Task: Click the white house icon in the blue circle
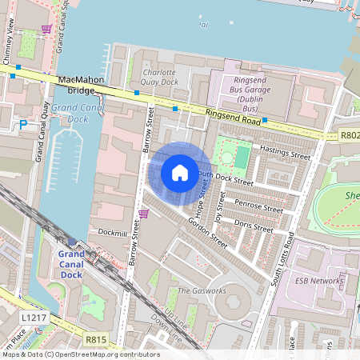(x=180, y=172)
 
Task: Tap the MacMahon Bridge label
(x=82, y=81)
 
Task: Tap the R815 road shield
(x=96, y=340)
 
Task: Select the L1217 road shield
(x=33, y=318)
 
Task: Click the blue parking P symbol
(x=23, y=124)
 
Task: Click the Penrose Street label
(x=259, y=209)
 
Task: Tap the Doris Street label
(x=254, y=227)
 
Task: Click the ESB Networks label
(x=319, y=281)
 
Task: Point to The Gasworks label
(x=195, y=290)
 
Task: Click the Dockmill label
(x=113, y=232)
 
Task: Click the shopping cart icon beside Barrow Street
(x=144, y=214)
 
